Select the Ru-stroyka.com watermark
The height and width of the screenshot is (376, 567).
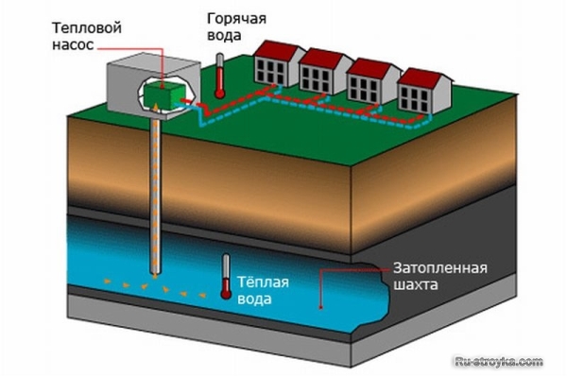[499, 360]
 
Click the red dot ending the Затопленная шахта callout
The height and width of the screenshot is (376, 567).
[322, 308]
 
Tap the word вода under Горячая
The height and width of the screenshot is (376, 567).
[219, 36]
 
